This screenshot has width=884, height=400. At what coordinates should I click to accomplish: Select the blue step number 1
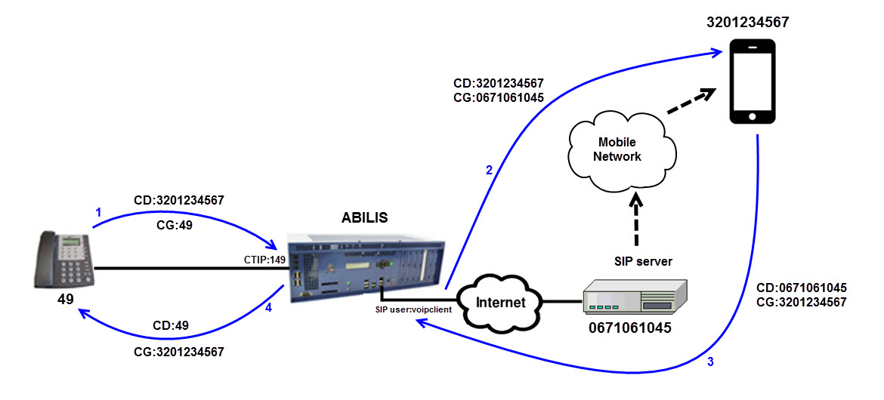pos(97,213)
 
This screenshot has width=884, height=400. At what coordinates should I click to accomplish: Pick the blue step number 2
pos(489,171)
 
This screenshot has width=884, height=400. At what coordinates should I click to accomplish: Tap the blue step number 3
pos(710,362)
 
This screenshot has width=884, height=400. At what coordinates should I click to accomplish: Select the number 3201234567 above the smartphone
pos(747,23)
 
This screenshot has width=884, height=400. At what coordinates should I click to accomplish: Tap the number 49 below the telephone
pos(66,300)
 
